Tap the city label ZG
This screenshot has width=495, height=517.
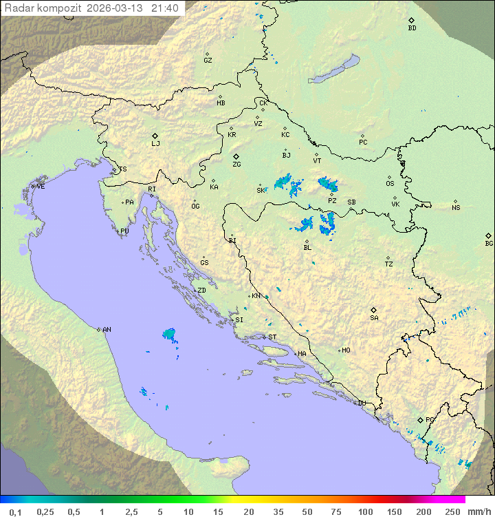click(236, 165)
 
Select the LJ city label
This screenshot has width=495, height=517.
click(155, 144)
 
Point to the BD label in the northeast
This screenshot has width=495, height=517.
click(412, 28)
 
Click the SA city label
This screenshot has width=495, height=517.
click(374, 318)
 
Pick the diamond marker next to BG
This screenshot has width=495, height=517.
click(489, 235)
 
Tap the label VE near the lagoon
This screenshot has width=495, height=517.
click(41, 187)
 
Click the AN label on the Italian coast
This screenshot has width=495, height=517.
click(107, 330)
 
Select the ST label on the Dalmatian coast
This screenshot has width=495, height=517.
click(272, 337)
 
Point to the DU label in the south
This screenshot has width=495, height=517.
click(362, 403)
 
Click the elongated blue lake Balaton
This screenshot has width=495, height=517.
click(335, 70)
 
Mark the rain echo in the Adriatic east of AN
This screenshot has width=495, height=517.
click(169, 335)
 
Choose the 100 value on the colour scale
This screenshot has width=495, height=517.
click(365, 511)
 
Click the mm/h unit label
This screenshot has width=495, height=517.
click(477, 511)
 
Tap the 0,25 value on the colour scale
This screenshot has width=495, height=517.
click(45, 511)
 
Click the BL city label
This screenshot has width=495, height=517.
click(307, 248)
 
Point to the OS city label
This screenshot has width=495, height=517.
click(390, 184)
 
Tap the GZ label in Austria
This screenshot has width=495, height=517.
click(208, 61)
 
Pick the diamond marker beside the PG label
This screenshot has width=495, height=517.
click(420, 419)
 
